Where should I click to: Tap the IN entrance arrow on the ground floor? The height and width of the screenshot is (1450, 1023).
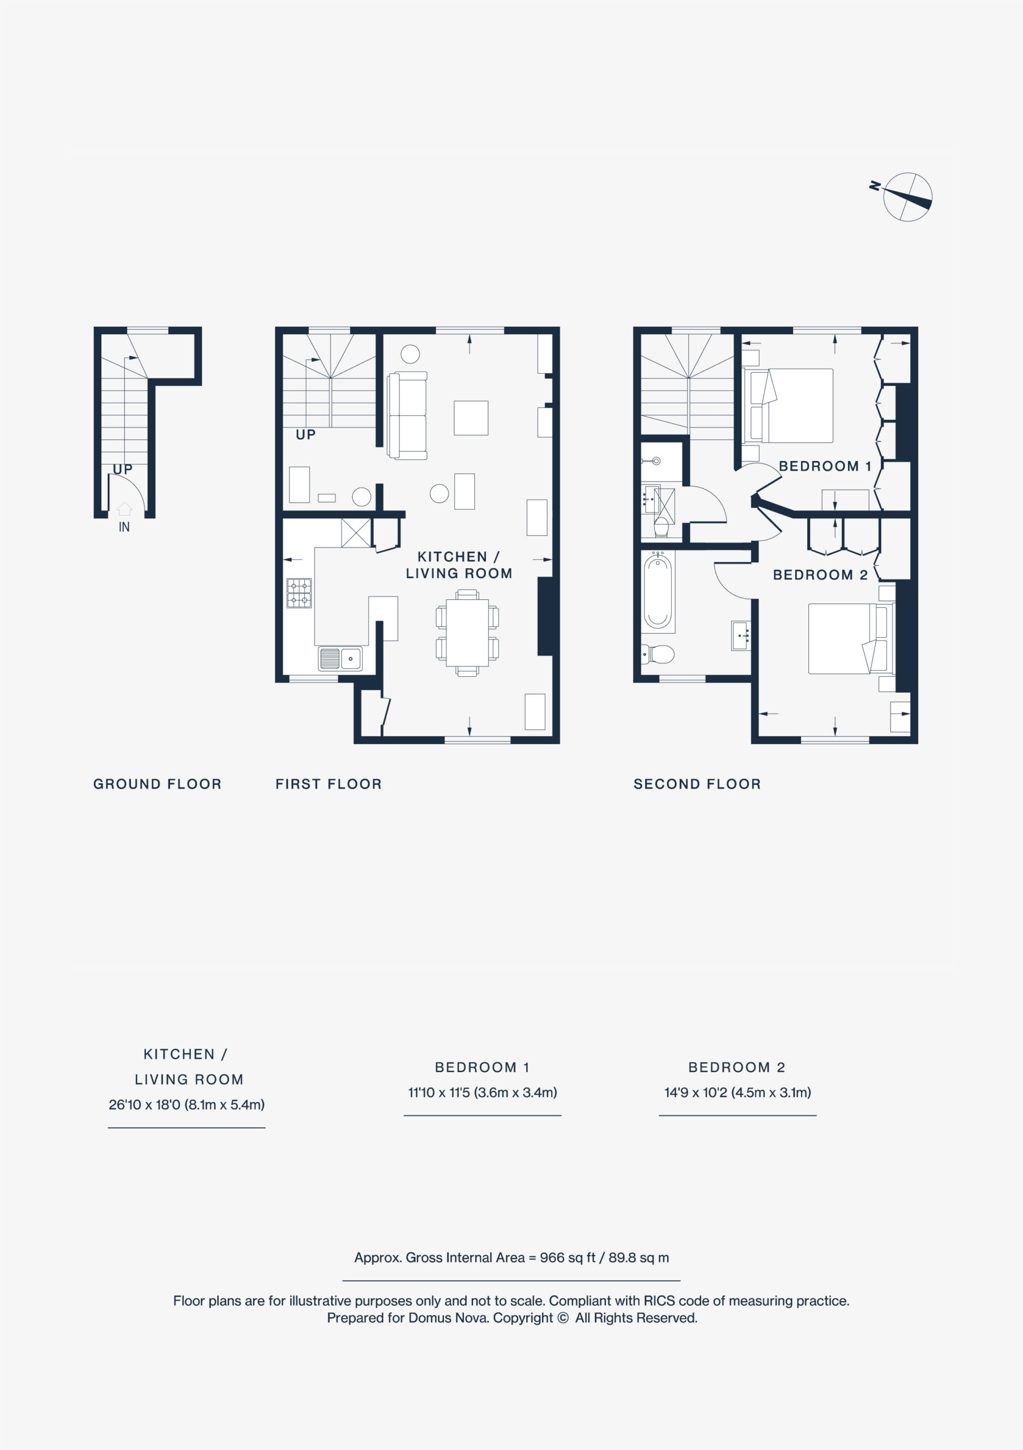(125, 509)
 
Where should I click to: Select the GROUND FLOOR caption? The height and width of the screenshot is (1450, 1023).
(157, 784)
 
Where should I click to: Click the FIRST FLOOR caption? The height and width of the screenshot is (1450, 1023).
(329, 784)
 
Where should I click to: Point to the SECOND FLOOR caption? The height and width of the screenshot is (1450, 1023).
(697, 784)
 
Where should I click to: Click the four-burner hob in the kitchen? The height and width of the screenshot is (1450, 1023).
(299, 593)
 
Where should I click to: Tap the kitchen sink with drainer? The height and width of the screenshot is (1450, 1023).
(340, 659)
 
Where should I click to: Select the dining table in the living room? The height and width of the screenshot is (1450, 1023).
(467, 633)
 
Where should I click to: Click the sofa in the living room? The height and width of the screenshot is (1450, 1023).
(407, 415)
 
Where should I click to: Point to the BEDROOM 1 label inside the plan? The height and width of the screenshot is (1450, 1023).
(825, 466)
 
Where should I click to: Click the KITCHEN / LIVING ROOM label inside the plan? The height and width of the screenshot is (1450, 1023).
(459, 565)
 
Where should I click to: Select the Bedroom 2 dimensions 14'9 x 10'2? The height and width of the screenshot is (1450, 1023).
(738, 1092)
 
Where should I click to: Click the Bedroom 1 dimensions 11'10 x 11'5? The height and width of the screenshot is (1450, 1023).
(483, 1092)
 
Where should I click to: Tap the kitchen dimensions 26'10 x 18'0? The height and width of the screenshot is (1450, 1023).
(186, 1104)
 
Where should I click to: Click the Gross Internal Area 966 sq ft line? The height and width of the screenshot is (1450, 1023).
(511, 1257)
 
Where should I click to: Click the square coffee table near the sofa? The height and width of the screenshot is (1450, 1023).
(471, 418)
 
